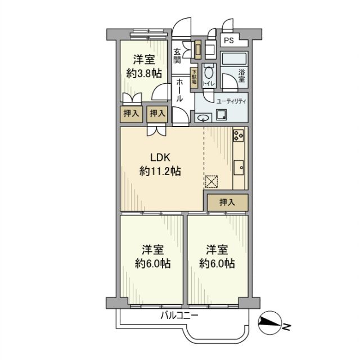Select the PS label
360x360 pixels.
click(x=228, y=40)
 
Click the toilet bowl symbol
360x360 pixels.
click(x=209, y=72)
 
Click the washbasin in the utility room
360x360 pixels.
click(x=204, y=118)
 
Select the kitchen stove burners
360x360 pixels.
click(x=238, y=136)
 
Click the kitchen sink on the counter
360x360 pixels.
click(x=238, y=167)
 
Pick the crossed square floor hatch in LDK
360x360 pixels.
click(x=211, y=181)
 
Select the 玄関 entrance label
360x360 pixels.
click(x=178, y=56)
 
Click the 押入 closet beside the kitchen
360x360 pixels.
click(x=226, y=202)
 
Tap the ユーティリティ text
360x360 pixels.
click(x=232, y=101)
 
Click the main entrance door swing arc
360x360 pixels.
click(x=182, y=28)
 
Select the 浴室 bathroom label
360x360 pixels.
click(x=242, y=75)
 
